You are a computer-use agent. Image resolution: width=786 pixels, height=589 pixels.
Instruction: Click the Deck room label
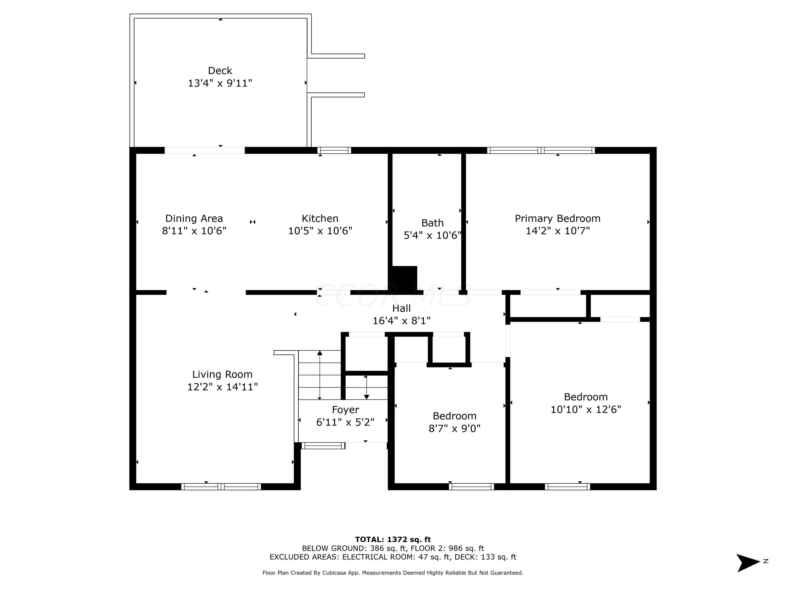(220, 71)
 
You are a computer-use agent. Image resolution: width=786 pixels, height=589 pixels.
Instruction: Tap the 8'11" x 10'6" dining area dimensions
(194, 231)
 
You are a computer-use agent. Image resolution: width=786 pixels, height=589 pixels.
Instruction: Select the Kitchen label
(320, 218)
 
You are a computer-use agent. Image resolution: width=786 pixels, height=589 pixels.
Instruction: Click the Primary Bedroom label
(557, 218)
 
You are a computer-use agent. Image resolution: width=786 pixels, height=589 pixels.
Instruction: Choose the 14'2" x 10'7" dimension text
(557, 231)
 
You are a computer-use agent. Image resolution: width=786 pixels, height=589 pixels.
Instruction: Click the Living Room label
(222, 374)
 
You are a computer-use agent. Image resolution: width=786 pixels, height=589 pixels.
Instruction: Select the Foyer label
(345, 410)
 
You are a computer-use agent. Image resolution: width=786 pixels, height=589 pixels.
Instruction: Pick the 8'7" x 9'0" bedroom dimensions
(454, 429)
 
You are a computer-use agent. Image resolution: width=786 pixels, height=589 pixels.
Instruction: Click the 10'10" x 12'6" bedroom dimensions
(585, 409)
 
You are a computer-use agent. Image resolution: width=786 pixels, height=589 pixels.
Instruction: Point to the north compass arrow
(748, 563)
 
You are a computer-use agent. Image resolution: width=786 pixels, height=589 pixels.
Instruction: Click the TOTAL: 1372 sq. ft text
(393, 540)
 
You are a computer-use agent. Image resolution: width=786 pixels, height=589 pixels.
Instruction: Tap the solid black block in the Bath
(404, 279)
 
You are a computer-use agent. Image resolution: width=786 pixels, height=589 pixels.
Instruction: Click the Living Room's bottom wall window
(221, 487)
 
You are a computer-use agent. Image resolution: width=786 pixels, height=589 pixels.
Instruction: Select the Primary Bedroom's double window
(541, 150)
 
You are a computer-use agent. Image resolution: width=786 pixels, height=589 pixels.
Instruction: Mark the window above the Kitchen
(334, 150)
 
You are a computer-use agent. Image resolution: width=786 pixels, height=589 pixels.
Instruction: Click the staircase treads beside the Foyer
(319, 375)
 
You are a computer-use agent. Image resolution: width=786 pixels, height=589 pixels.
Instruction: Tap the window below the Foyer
(323, 446)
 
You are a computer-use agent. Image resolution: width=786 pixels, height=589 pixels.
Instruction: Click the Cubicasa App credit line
(393, 573)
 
